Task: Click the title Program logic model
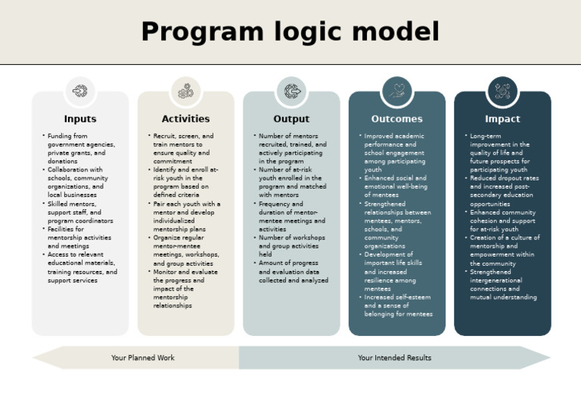pyautogui.click(x=290, y=32)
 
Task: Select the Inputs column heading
pyautogui.click(x=80, y=119)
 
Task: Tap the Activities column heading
pyautogui.click(x=185, y=119)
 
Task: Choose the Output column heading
pyautogui.click(x=291, y=119)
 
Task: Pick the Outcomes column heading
pyautogui.click(x=396, y=119)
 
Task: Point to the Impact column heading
pyautogui.click(x=502, y=119)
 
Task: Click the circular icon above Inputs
pyautogui.click(x=80, y=91)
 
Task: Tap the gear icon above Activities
pyautogui.click(x=185, y=91)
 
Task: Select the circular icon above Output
pyautogui.click(x=291, y=91)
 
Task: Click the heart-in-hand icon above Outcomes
pyautogui.click(x=396, y=91)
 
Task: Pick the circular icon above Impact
pyautogui.click(x=502, y=91)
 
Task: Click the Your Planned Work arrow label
pyautogui.click(x=143, y=358)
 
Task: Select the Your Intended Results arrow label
pyautogui.click(x=394, y=358)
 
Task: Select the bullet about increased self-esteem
pyautogui.click(x=398, y=305)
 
